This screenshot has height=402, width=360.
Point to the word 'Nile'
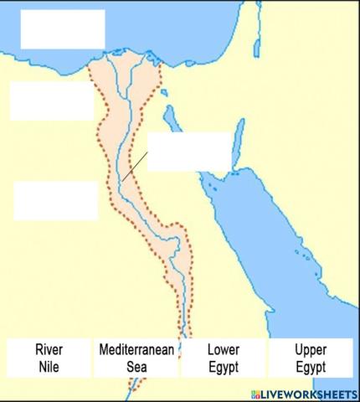pyautogui.click(x=49, y=367)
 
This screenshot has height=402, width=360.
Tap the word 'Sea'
pyautogui.click(x=136, y=367)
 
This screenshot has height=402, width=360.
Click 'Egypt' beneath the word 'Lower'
pyautogui.click(x=223, y=367)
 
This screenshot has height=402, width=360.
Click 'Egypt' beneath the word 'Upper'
pyautogui.click(x=311, y=367)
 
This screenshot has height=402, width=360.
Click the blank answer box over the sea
pyautogui.click(x=63, y=28)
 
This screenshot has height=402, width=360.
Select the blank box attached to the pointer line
pyautogui.click(x=188, y=152)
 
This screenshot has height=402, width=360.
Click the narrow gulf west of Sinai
pyautogui.click(x=172, y=117)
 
